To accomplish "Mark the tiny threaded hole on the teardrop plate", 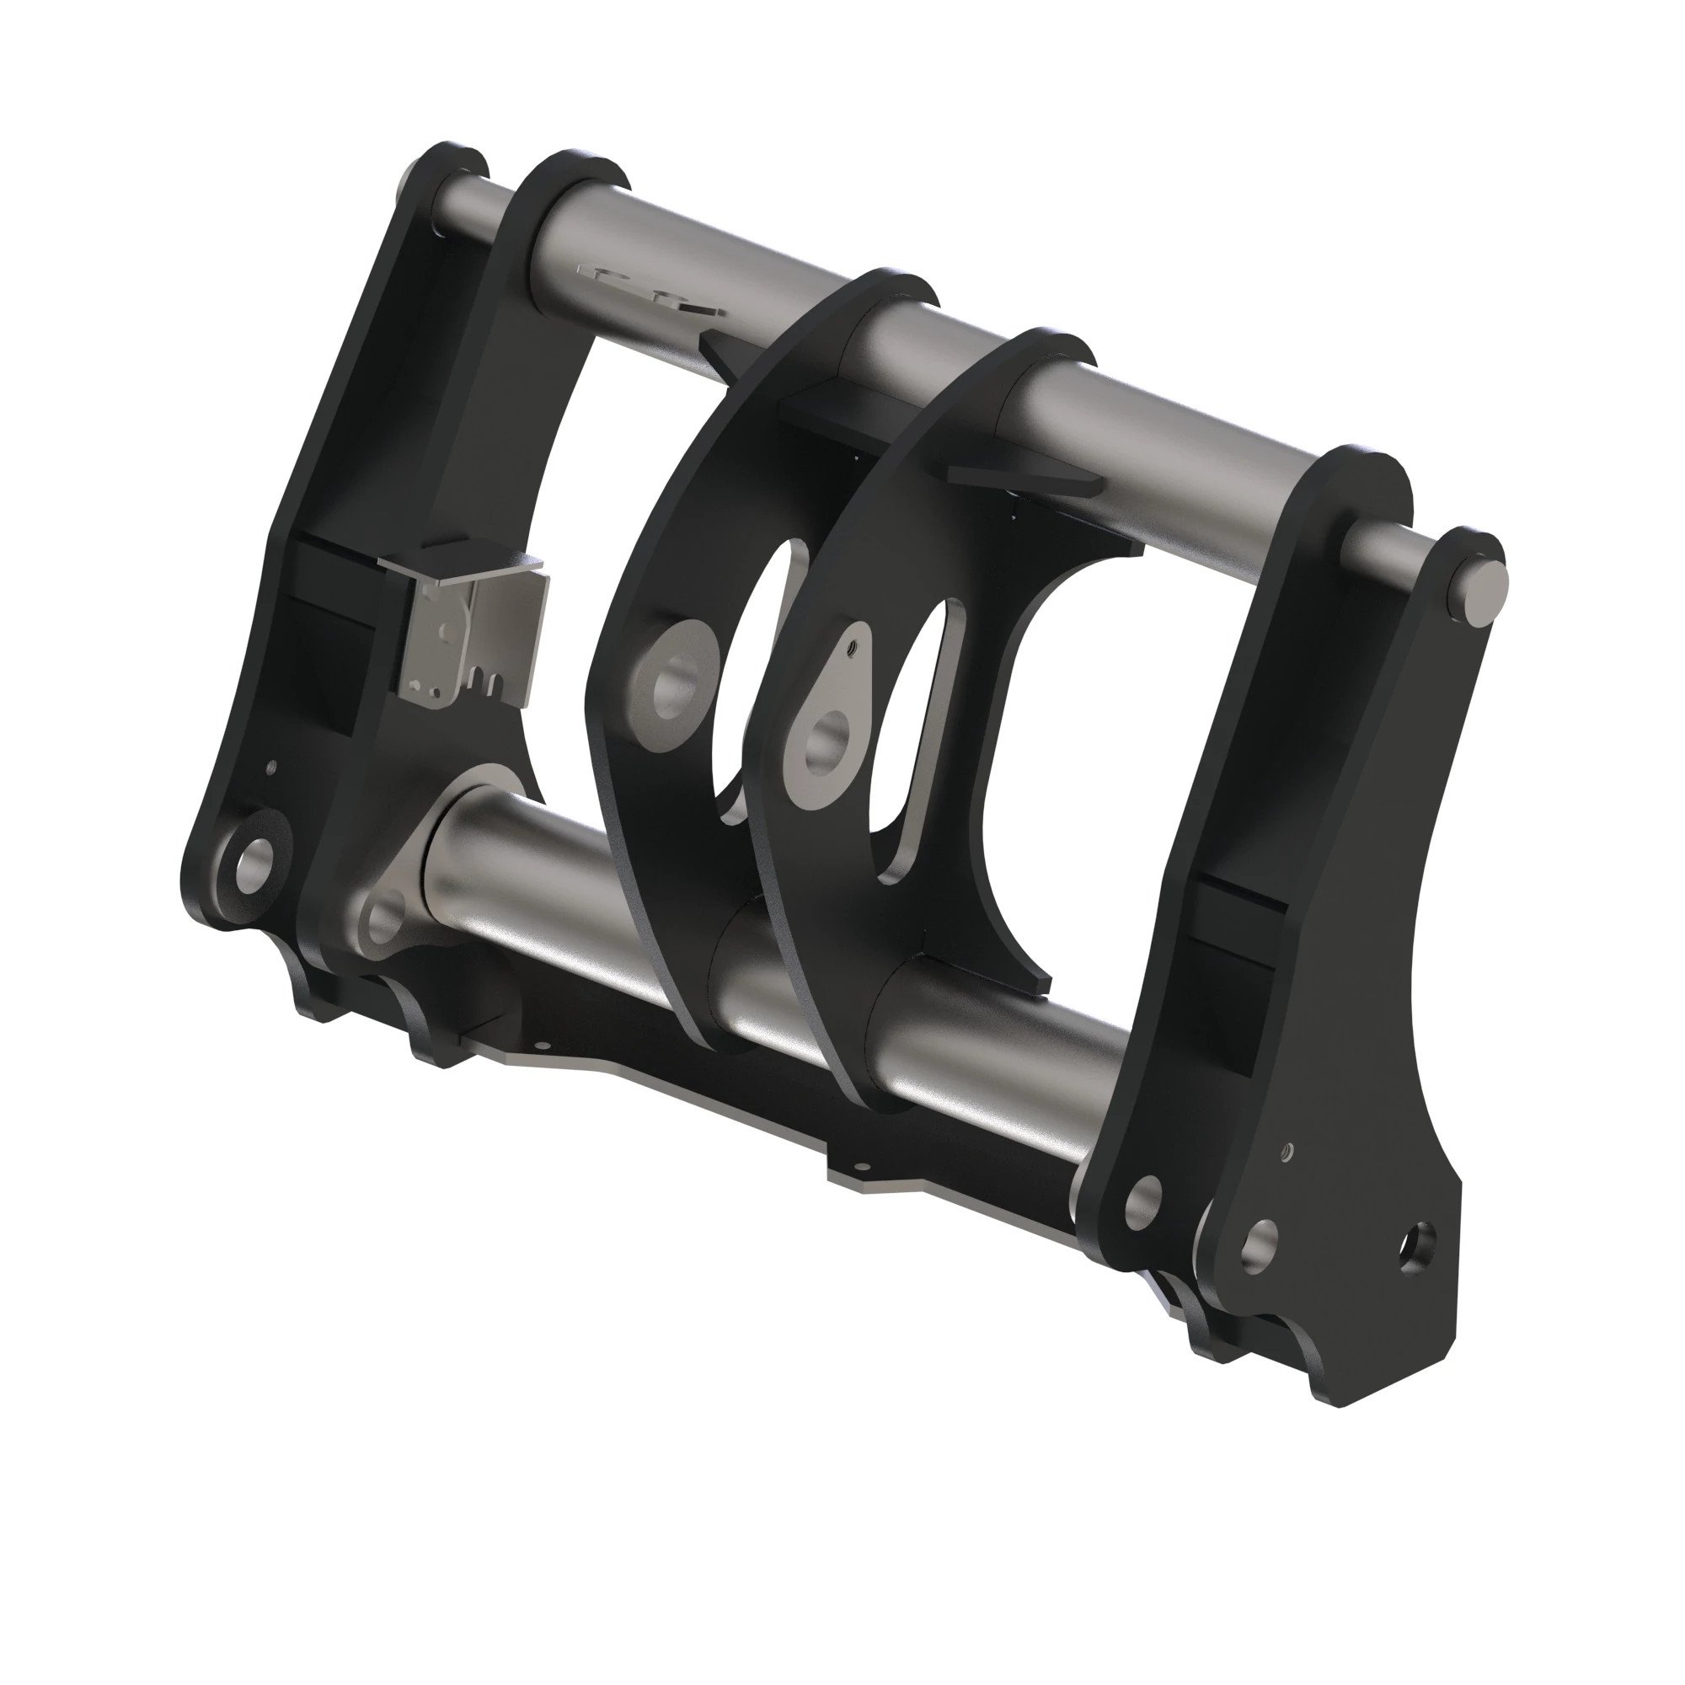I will click(x=853, y=646).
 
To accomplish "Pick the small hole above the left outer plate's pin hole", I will click(x=271, y=767).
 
